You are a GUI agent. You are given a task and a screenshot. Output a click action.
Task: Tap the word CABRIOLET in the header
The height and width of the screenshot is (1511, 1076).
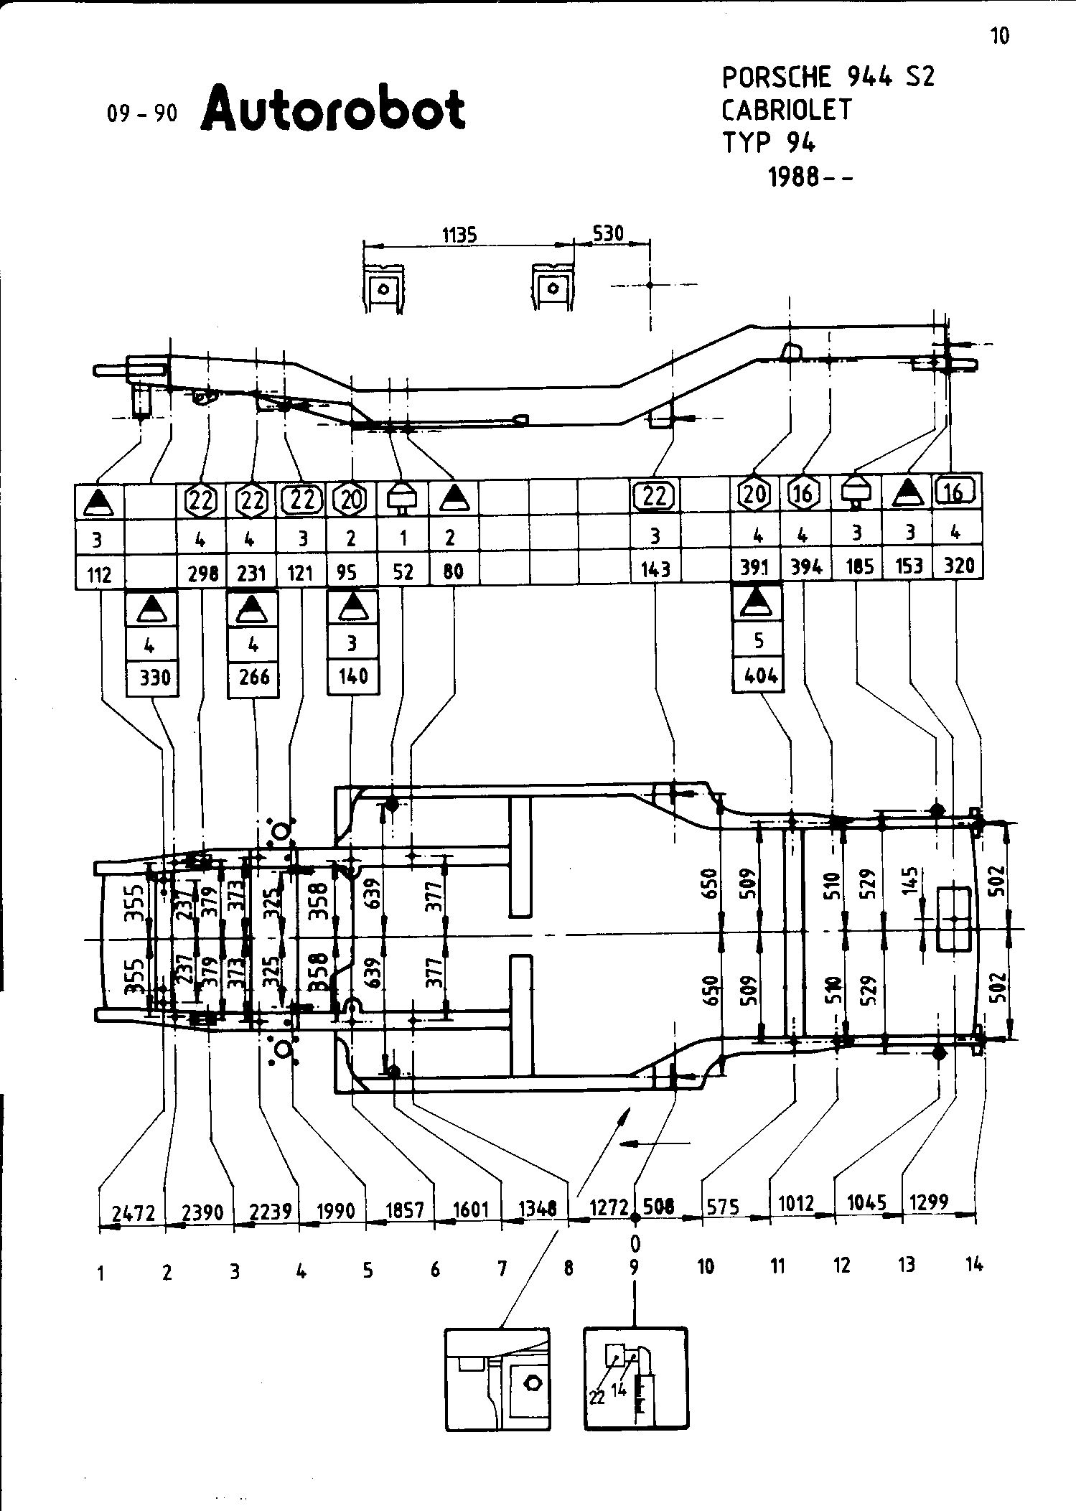point(786,110)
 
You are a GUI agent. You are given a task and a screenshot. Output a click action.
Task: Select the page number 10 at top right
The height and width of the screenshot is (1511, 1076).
point(999,36)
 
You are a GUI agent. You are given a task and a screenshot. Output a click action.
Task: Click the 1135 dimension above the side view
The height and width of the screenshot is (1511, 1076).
point(459,235)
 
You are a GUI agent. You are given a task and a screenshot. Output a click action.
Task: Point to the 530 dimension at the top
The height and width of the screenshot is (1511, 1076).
point(607,233)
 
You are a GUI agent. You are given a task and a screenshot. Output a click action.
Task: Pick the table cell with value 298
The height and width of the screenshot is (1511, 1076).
point(202,572)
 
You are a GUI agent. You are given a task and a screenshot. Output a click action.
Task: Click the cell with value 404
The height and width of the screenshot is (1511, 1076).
point(759,675)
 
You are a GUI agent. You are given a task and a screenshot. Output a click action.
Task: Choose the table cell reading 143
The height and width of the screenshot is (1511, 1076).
point(655,569)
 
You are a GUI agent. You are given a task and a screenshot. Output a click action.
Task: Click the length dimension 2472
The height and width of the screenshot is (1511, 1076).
point(134,1213)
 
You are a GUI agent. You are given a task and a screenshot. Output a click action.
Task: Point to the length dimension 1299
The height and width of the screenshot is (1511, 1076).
point(929,1202)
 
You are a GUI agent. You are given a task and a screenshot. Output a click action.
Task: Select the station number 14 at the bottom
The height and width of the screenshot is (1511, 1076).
point(973,1266)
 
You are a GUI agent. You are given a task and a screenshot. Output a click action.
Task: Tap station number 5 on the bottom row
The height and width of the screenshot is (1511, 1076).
point(368,1271)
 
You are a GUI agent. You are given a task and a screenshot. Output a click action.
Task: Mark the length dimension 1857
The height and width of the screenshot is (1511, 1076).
point(404,1210)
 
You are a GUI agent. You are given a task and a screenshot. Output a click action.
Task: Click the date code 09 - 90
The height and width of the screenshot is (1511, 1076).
point(141,114)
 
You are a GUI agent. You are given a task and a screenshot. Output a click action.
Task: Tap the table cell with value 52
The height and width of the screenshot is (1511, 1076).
point(403,571)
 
